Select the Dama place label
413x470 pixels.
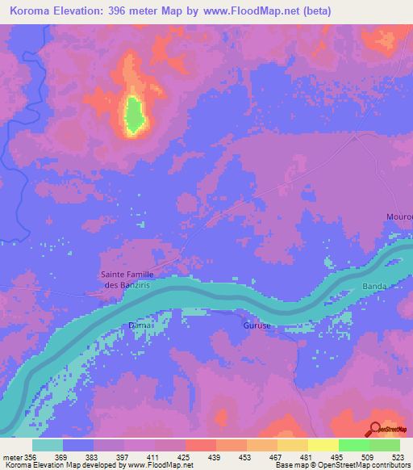[x=136, y=325]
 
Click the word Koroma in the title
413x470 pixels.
[x=29, y=11]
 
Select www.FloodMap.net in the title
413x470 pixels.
[x=249, y=11]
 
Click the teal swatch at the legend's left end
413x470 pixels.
[x=48, y=445]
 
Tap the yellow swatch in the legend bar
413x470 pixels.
[x=323, y=445]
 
